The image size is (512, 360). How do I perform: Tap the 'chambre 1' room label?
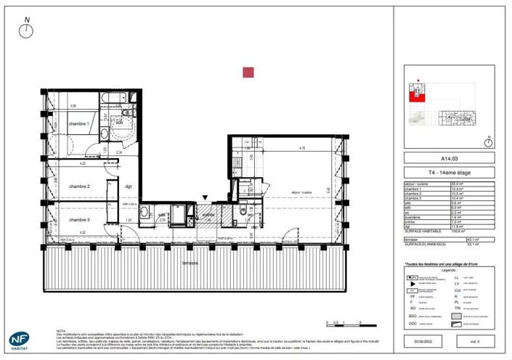79,124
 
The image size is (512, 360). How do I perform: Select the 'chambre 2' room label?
79,187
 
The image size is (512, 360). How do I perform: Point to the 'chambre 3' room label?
79,219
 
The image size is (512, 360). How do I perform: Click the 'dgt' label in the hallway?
128,187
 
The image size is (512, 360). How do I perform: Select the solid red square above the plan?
248,72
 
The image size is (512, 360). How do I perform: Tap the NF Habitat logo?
20,340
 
